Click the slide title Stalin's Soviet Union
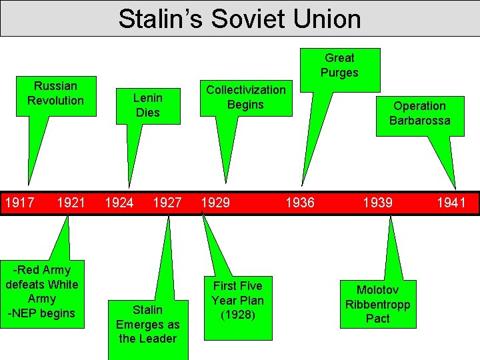[239, 19]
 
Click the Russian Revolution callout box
[55, 93]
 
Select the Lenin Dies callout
[147, 105]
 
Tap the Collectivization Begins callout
[245, 97]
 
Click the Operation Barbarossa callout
[419, 113]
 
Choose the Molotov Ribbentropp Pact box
[377, 304]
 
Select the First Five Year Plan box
[238, 300]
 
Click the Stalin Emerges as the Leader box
[147, 324]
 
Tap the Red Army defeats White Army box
[42, 284]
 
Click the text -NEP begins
[42, 313]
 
